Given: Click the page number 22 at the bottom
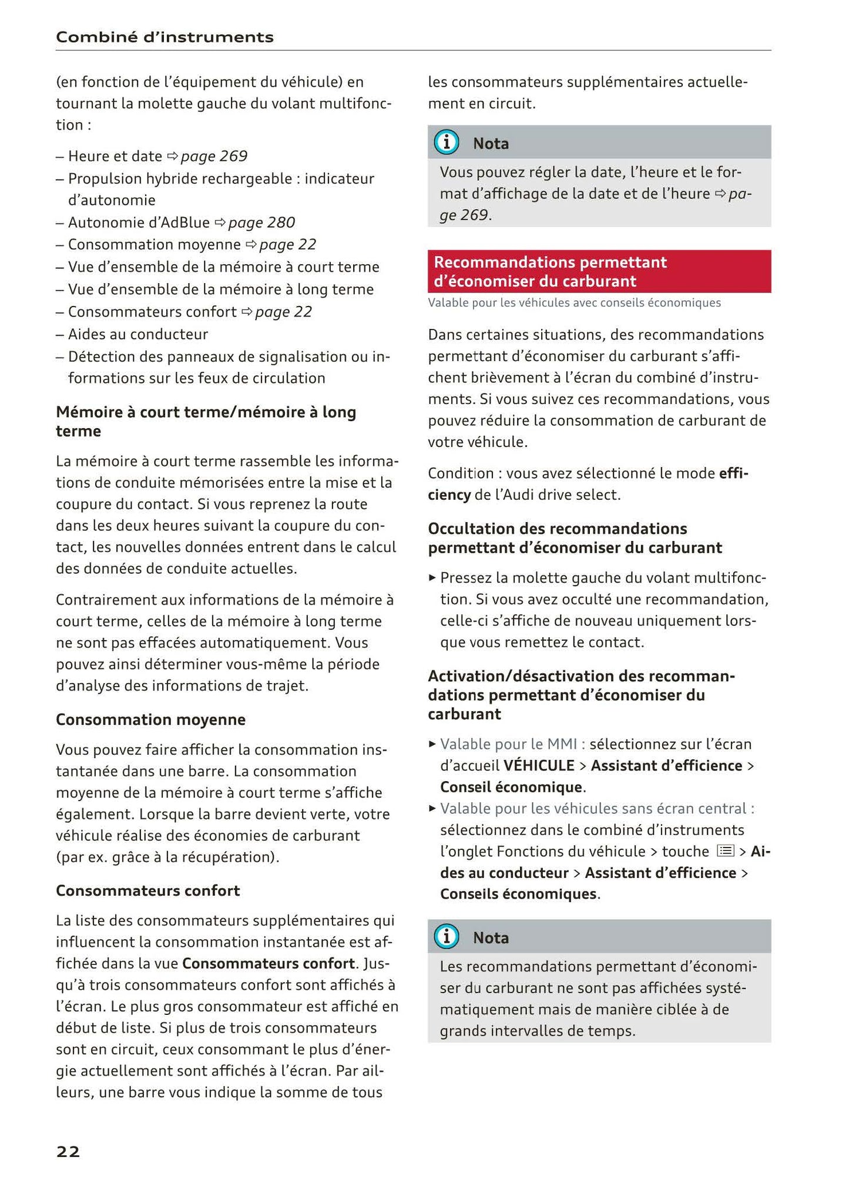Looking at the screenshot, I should (68, 1152).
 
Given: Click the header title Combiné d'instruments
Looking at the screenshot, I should (165, 38).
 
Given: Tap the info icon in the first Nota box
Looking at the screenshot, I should (447, 143).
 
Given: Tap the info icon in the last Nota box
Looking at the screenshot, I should (447, 937).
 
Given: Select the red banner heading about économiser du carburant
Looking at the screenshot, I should (599, 271).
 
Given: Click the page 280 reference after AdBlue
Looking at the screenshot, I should (261, 223).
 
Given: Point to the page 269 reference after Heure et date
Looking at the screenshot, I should (214, 156).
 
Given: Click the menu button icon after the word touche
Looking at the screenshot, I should (726, 851).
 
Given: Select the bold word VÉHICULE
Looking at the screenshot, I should (539, 766).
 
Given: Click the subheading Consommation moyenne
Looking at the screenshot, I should (150, 719).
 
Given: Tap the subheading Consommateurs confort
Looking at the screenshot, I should (147, 890).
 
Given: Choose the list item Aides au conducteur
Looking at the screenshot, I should (138, 334).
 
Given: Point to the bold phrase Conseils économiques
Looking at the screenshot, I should (518, 894).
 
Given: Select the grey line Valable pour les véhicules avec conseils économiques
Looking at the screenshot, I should (574, 303).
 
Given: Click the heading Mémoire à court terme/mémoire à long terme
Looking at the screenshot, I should (206, 421).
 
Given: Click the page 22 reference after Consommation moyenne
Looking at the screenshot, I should (287, 244).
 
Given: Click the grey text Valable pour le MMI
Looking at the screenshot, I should (512, 744).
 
